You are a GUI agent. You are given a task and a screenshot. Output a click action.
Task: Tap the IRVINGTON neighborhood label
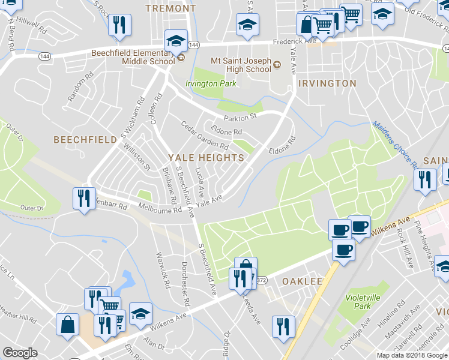pos(327,83)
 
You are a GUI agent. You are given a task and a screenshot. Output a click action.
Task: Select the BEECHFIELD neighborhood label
pos(85,139)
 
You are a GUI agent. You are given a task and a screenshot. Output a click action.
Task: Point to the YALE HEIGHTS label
pos(206,158)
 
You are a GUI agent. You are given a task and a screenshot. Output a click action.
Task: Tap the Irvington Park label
pos(211,83)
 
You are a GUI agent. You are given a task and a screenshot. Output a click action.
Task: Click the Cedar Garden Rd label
pos(205,135)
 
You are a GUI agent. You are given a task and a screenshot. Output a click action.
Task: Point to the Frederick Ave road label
pos(294,43)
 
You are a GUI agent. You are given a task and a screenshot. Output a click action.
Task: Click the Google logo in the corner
pos(20,353)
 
